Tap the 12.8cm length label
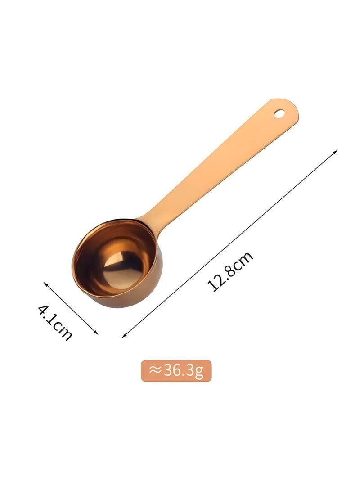coord(230,272)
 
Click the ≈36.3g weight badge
coord(176,371)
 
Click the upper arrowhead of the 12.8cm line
coord(335,152)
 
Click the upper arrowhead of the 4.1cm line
coord(45,284)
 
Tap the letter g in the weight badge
coord(200,372)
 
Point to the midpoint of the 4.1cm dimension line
coord(71,308)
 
